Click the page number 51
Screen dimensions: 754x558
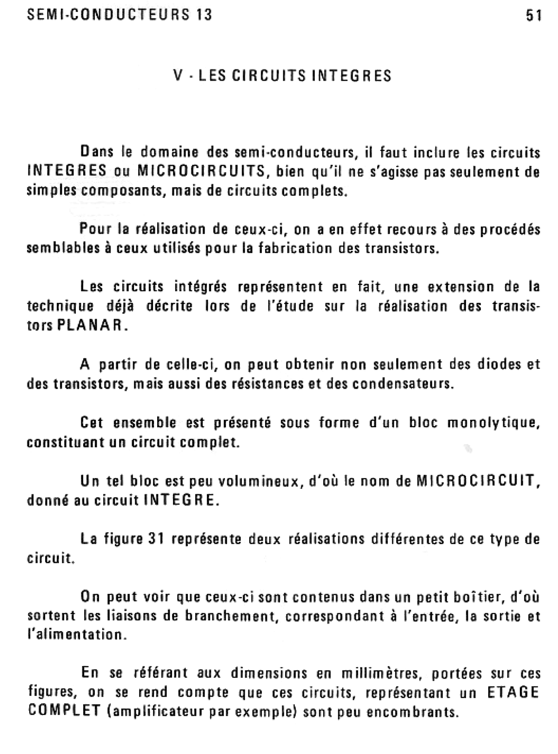tap(534, 16)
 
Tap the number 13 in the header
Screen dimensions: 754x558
tap(204, 15)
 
